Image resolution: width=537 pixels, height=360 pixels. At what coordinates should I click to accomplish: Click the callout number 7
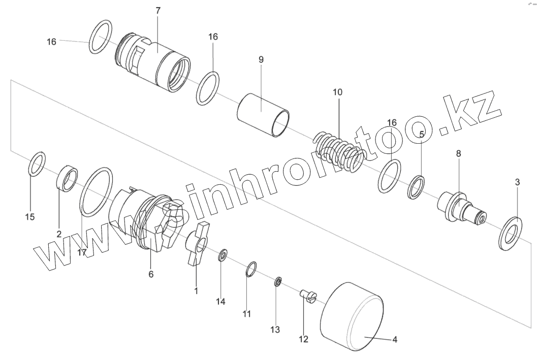(157, 10)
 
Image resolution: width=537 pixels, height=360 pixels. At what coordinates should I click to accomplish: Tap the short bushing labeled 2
(68, 178)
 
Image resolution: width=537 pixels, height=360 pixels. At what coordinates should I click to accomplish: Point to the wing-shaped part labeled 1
(195, 242)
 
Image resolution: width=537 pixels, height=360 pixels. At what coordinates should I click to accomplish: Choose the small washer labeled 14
(223, 256)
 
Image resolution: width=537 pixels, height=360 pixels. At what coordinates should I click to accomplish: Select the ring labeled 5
(417, 186)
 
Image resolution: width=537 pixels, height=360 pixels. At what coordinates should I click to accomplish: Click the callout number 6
(151, 274)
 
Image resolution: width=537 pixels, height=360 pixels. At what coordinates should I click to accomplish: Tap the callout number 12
(304, 339)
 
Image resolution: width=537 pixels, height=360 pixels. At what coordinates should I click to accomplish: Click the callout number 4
(395, 339)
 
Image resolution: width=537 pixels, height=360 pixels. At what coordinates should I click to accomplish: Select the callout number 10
(338, 92)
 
